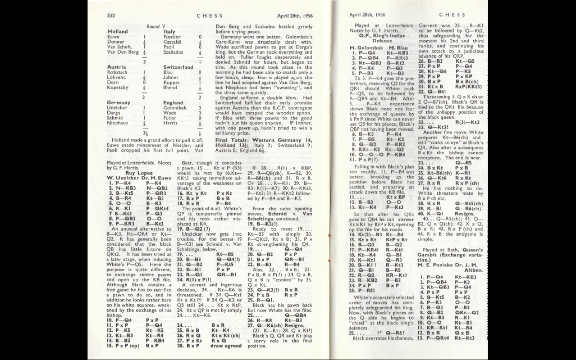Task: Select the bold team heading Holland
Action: [118, 31]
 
